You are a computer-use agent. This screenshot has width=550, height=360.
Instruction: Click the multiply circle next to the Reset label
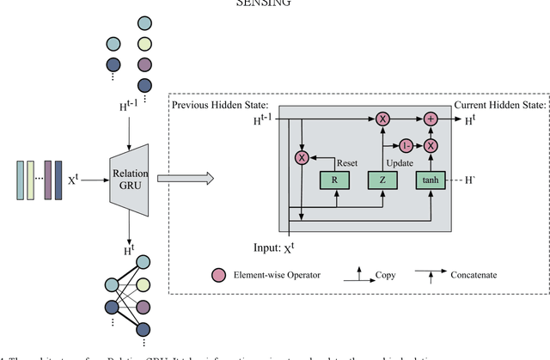coord(302,157)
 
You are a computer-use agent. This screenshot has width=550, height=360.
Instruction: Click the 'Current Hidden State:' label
coord(504,105)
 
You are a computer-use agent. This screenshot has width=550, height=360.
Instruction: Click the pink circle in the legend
coord(218,275)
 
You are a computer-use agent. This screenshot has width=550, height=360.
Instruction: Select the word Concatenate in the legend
coord(478,276)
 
